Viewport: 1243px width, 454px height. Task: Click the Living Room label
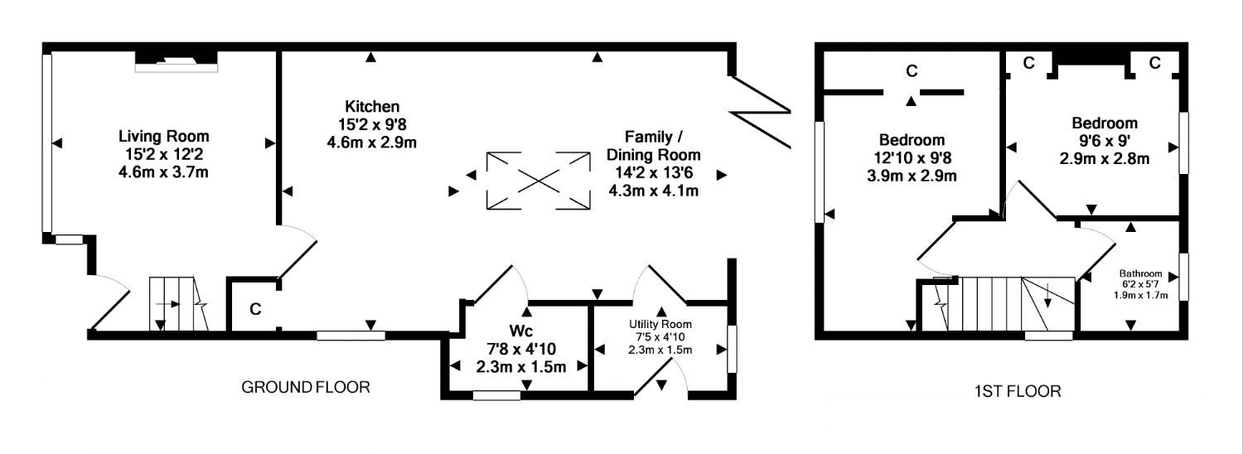[163, 136]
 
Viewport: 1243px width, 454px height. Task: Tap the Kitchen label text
[372, 107]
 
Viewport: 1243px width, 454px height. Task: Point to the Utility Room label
[660, 324]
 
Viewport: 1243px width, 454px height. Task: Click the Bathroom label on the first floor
[1140, 273]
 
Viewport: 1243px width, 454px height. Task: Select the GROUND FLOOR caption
[305, 387]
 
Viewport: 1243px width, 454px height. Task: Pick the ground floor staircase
[174, 304]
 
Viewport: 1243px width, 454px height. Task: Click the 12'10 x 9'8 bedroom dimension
[911, 157]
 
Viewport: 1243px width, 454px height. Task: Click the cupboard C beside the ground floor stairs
[255, 310]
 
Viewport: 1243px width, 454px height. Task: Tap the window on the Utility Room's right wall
[730, 348]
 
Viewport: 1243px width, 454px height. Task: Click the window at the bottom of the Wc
[496, 395]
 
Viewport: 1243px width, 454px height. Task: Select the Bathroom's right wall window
[1183, 278]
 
